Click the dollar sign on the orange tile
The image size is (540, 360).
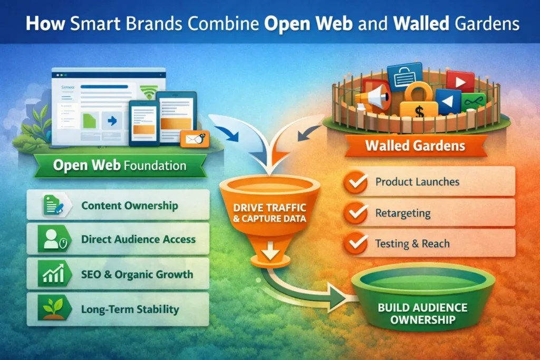[418, 111]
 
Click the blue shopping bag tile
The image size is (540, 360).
[404, 77]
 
